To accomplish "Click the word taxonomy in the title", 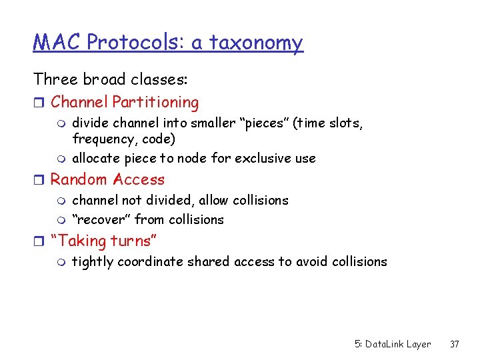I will [256, 43].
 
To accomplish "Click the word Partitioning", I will [155, 103].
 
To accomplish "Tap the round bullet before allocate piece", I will [62, 159].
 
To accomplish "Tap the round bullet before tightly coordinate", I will [62, 262].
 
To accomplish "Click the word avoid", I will [312, 262].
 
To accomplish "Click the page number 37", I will [455, 344].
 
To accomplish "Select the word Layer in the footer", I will [418, 344].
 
